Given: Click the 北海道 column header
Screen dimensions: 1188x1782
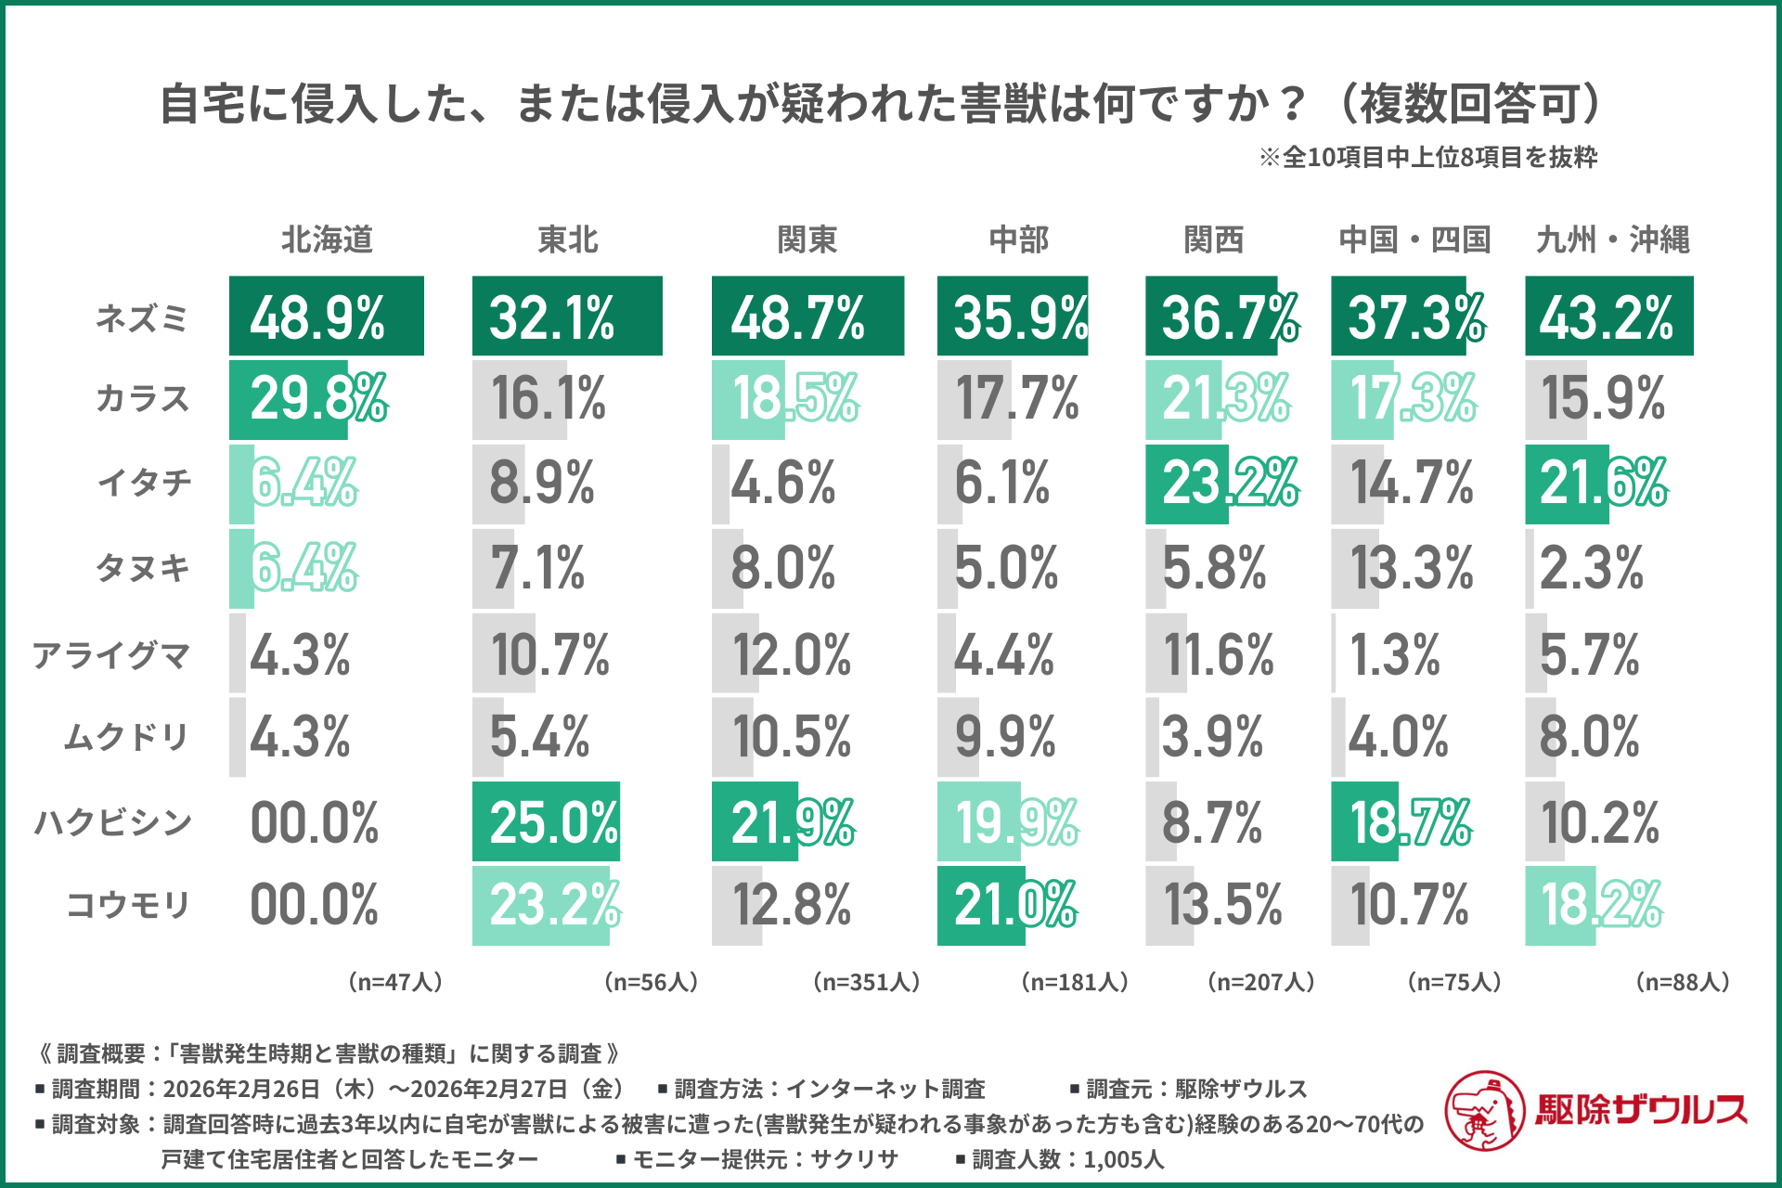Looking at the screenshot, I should pyautogui.click(x=327, y=239).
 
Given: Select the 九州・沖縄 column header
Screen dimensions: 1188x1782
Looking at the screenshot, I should pyautogui.click(x=1612, y=239).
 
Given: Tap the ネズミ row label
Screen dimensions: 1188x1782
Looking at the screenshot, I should pyautogui.click(x=142, y=318).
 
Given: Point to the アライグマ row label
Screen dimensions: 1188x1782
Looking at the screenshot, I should pyautogui.click(x=111, y=655).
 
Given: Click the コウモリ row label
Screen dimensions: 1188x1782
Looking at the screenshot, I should pyautogui.click(x=128, y=904).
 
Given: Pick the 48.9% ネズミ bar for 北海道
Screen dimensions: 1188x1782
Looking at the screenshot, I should pyautogui.click(x=326, y=316).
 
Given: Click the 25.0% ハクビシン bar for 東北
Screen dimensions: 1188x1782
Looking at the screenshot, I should pyautogui.click(x=546, y=822).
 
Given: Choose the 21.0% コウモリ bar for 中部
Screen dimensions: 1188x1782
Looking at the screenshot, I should pyautogui.click(x=981, y=906).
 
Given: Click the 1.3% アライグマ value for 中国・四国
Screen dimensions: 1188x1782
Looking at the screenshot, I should pyautogui.click(x=1394, y=655).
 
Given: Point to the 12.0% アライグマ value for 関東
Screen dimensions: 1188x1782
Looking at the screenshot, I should pyautogui.click(x=791, y=655).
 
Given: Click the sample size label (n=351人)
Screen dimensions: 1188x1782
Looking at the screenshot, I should pyautogui.click(x=866, y=982).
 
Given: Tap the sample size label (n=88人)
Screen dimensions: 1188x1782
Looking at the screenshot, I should pyautogui.click(x=1682, y=982).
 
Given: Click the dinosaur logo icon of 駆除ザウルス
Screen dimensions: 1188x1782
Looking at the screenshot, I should pyautogui.click(x=1484, y=1110).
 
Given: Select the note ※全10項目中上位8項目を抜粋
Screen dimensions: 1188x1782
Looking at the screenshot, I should pyautogui.click(x=1427, y=158).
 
